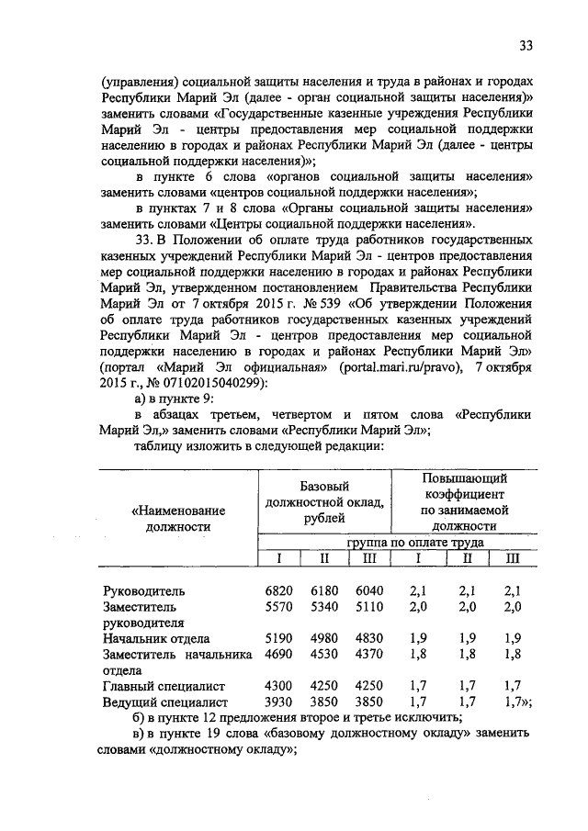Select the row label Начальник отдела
coord(156,638)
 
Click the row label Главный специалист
coord(165,686)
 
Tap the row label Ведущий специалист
coord(165,702)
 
